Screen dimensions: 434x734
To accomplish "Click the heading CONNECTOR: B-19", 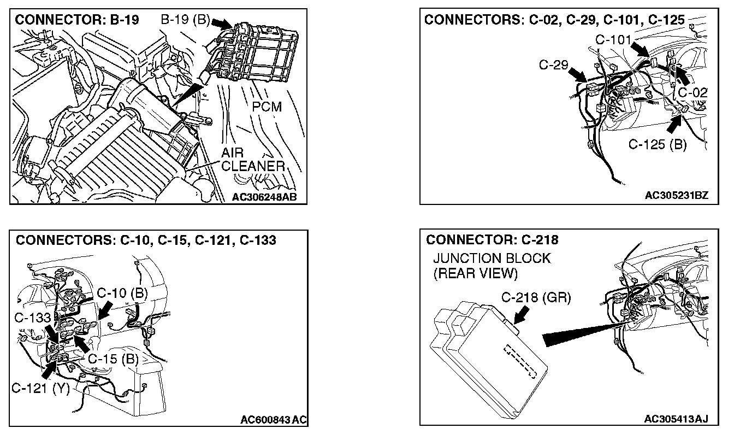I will click(x=77, y=20).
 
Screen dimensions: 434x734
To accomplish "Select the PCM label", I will click(x=267, y=107).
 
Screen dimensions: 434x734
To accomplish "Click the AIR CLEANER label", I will click(x=253, y=160).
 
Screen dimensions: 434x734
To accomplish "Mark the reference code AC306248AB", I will click(x=265, y=197).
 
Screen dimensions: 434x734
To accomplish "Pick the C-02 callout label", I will click(x=692, y=93).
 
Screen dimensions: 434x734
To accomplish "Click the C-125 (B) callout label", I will click(x=658, y=145).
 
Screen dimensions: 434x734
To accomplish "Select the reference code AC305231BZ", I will click(x=676, y=196).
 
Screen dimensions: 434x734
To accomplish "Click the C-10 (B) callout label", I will click(x=122, y=293).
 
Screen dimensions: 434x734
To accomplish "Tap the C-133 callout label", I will click(x=32, y=318).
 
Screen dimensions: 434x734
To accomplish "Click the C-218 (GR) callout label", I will click(x=536, y=297).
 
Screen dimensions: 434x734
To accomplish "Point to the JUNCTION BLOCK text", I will click(x=492, y=259).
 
